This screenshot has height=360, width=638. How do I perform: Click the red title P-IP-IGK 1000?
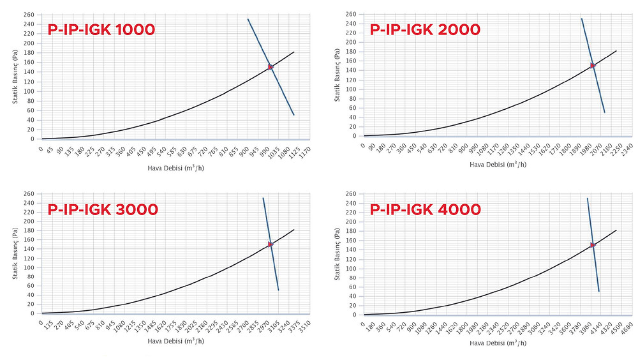101,30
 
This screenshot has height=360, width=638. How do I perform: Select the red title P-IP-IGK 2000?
425,30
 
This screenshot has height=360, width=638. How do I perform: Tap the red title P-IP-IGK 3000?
103,210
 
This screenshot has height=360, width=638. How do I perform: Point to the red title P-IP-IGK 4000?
425,210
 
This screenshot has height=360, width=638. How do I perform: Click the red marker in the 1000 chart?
271,67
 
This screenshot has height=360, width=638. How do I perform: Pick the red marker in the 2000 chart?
593,66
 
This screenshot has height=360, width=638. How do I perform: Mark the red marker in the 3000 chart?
271,244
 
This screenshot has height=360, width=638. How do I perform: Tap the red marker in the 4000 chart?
593,245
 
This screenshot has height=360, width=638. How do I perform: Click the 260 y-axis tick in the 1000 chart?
29,15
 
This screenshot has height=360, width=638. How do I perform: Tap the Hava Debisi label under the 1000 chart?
176,168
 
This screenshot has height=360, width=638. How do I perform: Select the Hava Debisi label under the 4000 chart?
498,343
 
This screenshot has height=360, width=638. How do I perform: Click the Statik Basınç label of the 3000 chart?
15,253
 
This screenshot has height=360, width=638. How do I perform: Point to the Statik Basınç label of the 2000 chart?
338,75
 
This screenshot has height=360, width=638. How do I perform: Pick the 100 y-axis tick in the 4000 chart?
351,269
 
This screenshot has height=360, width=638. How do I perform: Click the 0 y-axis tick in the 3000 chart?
32,313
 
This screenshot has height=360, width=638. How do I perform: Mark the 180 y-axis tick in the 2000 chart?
351,52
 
